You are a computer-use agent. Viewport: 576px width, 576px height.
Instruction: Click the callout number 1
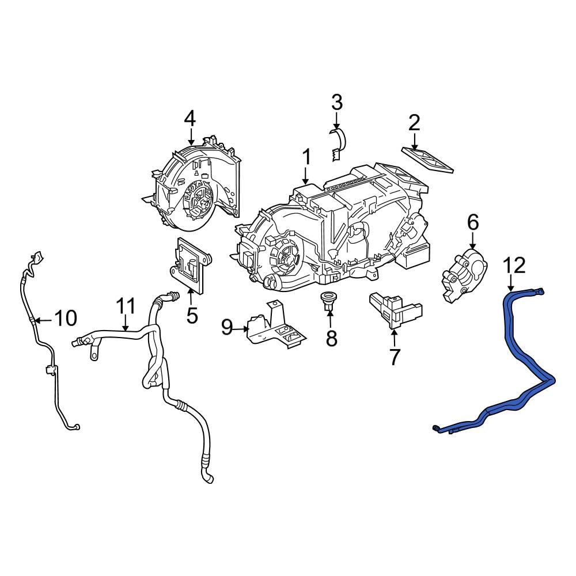pos(306,157)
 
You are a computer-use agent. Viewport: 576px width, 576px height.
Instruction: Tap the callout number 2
pos(414,123)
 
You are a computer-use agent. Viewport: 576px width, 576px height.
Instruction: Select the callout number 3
pos(336,103)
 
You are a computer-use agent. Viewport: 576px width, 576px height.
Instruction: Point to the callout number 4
pos(190,119)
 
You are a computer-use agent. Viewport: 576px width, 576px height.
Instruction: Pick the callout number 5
pos(191,315)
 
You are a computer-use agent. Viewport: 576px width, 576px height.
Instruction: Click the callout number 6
pos(472,221)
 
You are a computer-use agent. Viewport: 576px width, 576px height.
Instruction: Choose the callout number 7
pos(394,357)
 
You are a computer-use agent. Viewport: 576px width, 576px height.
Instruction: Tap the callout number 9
pos(228,328)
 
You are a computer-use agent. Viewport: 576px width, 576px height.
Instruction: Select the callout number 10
pos(66,317)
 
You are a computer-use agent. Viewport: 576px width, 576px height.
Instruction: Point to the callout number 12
pos(514,266)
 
